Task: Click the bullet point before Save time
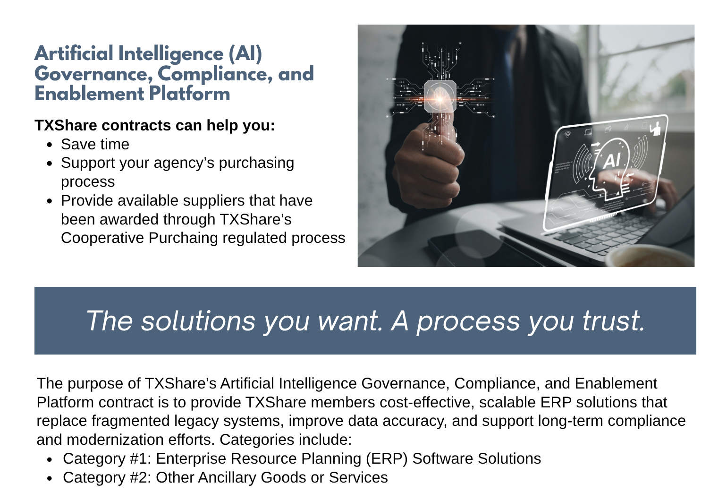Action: (50, 145)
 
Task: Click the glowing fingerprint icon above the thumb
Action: (440, 96)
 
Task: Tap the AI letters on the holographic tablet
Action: (612, 160)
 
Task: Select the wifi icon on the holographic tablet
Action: (567, 134)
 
